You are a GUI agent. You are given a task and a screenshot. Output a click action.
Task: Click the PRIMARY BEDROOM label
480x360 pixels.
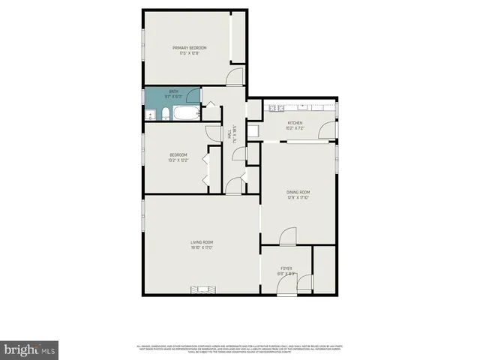pos(189,47)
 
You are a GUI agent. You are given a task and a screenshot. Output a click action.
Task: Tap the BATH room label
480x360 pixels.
pos(173,91)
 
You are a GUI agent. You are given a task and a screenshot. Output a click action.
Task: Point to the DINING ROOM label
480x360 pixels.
pos(298,192)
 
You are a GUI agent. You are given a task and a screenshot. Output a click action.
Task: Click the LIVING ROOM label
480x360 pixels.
pos(202,241)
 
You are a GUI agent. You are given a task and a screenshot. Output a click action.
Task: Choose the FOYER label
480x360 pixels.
pos(286,268)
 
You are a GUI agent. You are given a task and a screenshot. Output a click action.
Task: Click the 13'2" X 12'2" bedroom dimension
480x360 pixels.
pos(178,160)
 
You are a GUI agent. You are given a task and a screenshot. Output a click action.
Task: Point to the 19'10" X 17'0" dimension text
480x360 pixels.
pos(202,247)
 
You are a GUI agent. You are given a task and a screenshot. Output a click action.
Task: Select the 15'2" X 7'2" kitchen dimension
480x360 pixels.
pos(295,127)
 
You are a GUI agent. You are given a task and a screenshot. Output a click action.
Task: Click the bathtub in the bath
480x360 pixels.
pos(185,115)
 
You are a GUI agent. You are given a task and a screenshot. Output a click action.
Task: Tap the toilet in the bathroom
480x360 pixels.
pos(164,115)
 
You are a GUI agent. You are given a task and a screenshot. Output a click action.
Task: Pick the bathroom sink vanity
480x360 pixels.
pos(151,115)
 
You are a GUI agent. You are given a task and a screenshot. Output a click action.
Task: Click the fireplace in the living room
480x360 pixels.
pos(202,290)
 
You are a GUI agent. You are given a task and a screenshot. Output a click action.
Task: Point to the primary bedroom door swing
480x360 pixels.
pos(235,76)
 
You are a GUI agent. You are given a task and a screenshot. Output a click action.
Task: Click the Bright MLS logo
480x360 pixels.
pos(29,349)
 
